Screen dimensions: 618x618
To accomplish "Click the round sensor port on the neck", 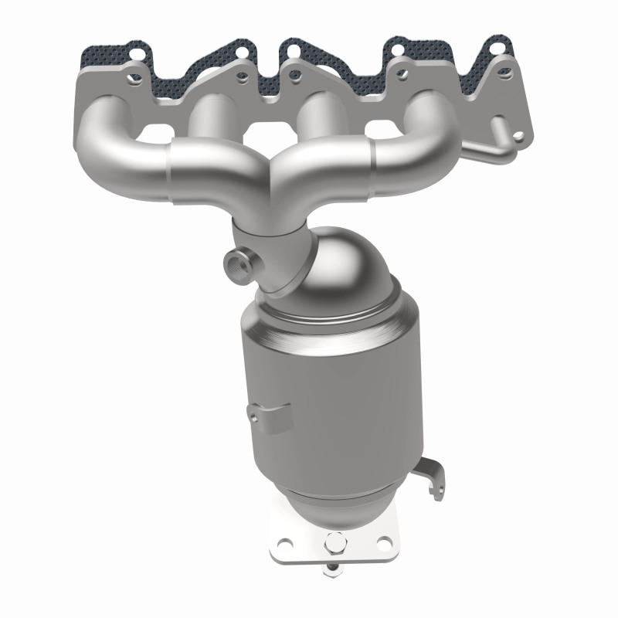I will (236, 266).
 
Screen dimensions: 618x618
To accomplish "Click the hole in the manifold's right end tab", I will (518, 137).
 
